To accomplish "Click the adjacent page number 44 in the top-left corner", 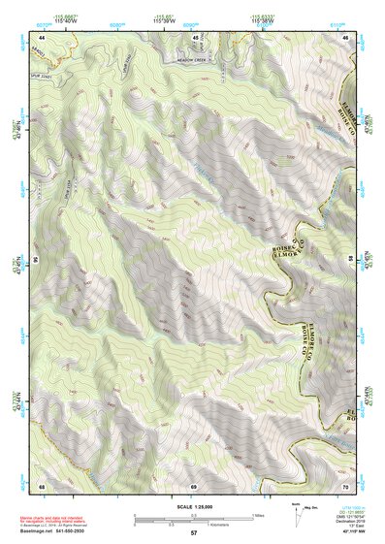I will pos(42,37).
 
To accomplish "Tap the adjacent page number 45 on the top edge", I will pos(193,37).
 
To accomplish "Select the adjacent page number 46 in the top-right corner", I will pos(346,37).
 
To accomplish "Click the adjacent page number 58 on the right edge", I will pos(350,259).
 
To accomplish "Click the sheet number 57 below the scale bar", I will pos(193,533).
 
